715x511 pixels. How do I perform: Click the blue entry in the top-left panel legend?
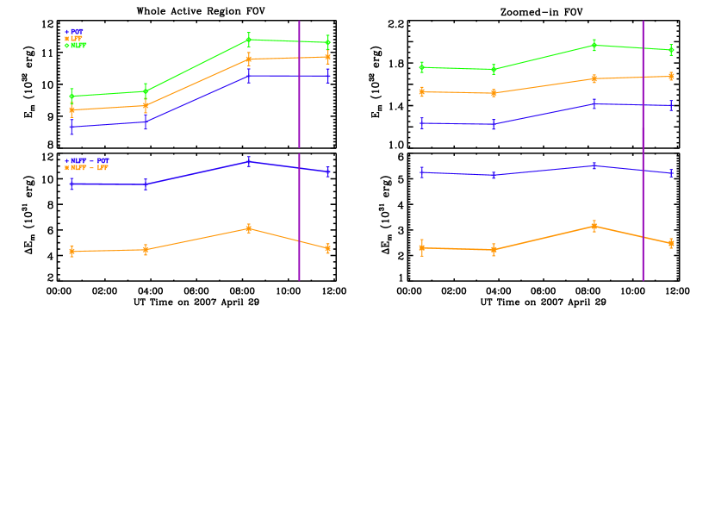(x=74, y=32)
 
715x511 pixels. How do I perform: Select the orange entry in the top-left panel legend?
(x=74, y=39)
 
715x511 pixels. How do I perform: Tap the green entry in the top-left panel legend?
(x=76, y=46)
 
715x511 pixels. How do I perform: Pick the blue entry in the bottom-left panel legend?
(x=87, y=161)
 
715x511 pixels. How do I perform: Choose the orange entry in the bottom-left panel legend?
(x=86, y=168)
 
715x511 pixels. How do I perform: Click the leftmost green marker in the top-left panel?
(x=71, y=96)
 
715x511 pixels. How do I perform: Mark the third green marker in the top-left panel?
(x=249, y=40)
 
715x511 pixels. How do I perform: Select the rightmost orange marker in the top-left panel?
(x=328, y=57)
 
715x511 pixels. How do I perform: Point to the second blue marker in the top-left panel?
(x=146, y=122)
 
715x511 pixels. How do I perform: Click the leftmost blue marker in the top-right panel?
(x=422, y=123)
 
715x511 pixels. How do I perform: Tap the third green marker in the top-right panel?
(x=594, y=45)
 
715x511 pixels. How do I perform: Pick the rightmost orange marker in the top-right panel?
(x=671, y=76)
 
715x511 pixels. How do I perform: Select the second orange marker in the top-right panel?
(x=494, y=93)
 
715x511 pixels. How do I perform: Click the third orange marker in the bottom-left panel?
(x=249, y=228)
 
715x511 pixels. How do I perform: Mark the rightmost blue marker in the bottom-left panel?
(x=328, y=171)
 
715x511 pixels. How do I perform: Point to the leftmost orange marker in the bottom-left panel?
(x=71, y=251)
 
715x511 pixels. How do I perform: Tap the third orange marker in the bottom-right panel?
(x=594, y=226)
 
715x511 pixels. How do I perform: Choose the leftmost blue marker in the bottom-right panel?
(x=422, y=172)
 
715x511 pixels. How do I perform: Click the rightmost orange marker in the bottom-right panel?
(x=671, y=243)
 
